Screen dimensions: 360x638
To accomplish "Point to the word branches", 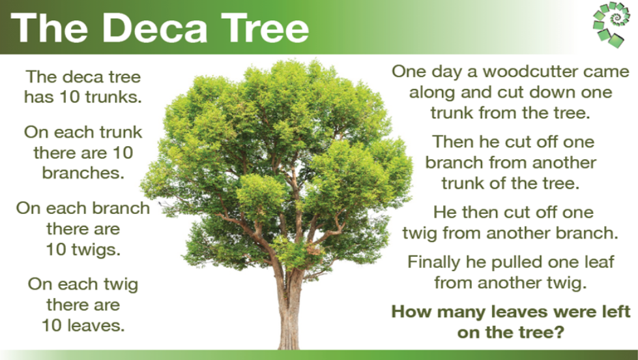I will pos(83,173).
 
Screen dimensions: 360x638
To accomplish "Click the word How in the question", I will pos(409,311).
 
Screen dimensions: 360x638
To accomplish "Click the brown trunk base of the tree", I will pos(290,326).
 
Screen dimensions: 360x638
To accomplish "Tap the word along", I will pos(432,92).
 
